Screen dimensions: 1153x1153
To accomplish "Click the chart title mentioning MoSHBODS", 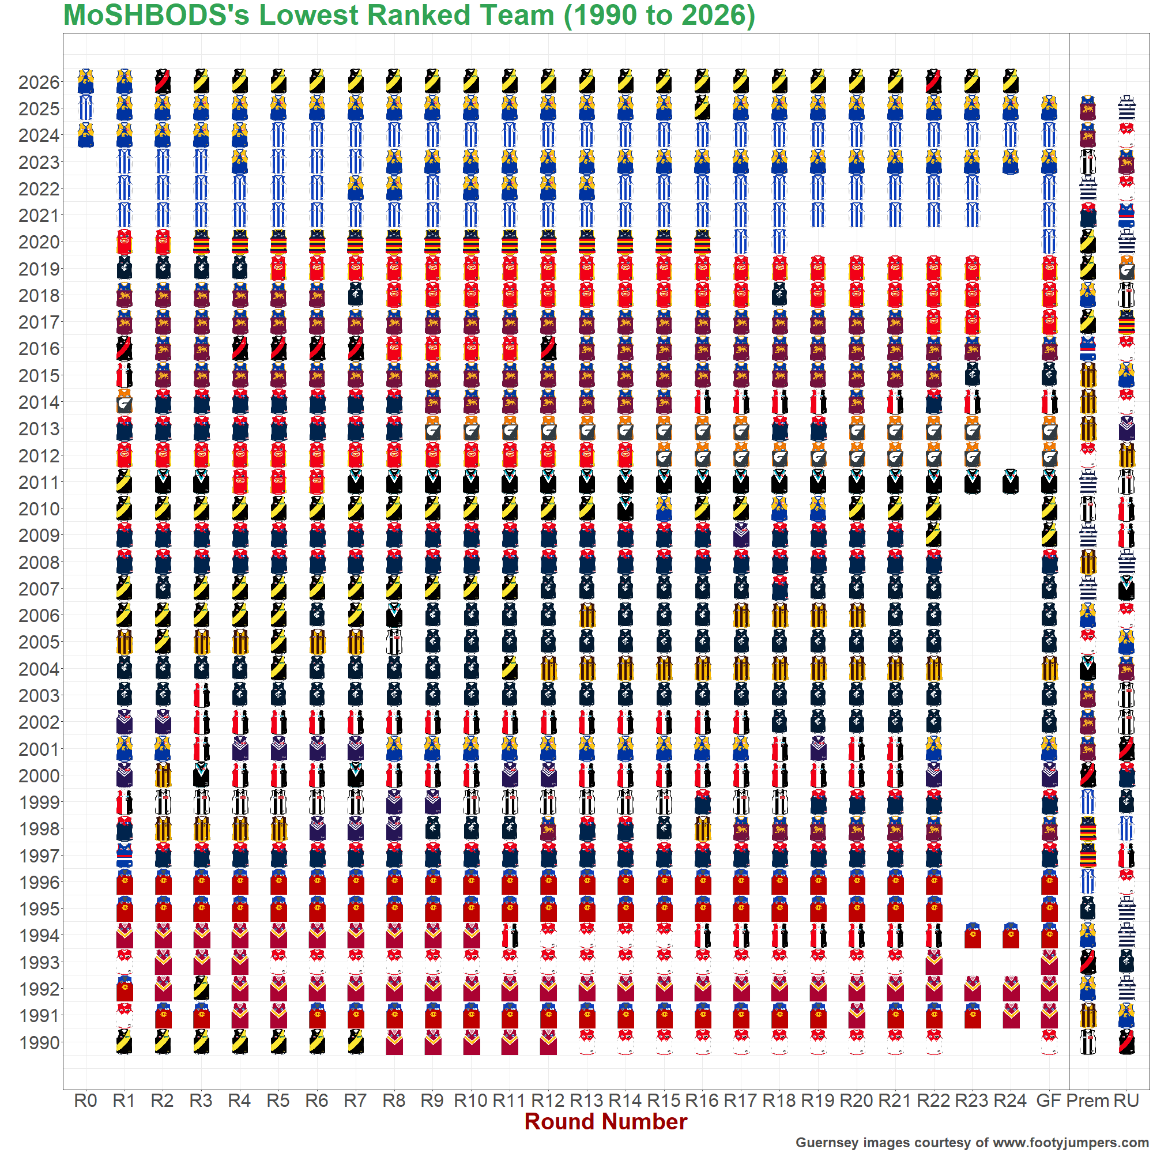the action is (x=409, y=16).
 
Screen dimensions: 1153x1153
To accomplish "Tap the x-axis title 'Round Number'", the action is (x=606, y=1121).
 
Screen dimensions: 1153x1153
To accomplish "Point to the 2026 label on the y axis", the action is (x=39, y=82).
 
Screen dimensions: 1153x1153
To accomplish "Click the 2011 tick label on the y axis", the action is (x=39, y=482).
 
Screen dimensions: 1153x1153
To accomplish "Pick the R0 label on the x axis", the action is (x=86, y=1101).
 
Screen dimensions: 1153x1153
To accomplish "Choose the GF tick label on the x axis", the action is (x=1049, y=1101).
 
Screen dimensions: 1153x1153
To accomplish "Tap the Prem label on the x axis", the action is (x=1088, y=1101).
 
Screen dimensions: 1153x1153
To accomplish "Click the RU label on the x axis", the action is (x=1126, y=1101).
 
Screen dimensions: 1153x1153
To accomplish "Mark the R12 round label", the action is (x=548, y=1101).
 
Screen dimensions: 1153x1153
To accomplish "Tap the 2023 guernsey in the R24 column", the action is (x=1011, y=162).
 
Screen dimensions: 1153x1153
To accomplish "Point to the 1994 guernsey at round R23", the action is (x=973, y=936).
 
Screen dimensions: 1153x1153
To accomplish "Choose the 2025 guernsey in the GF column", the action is (x=1049, y=108).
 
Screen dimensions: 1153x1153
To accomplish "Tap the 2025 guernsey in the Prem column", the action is (x=1088, y=108).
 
